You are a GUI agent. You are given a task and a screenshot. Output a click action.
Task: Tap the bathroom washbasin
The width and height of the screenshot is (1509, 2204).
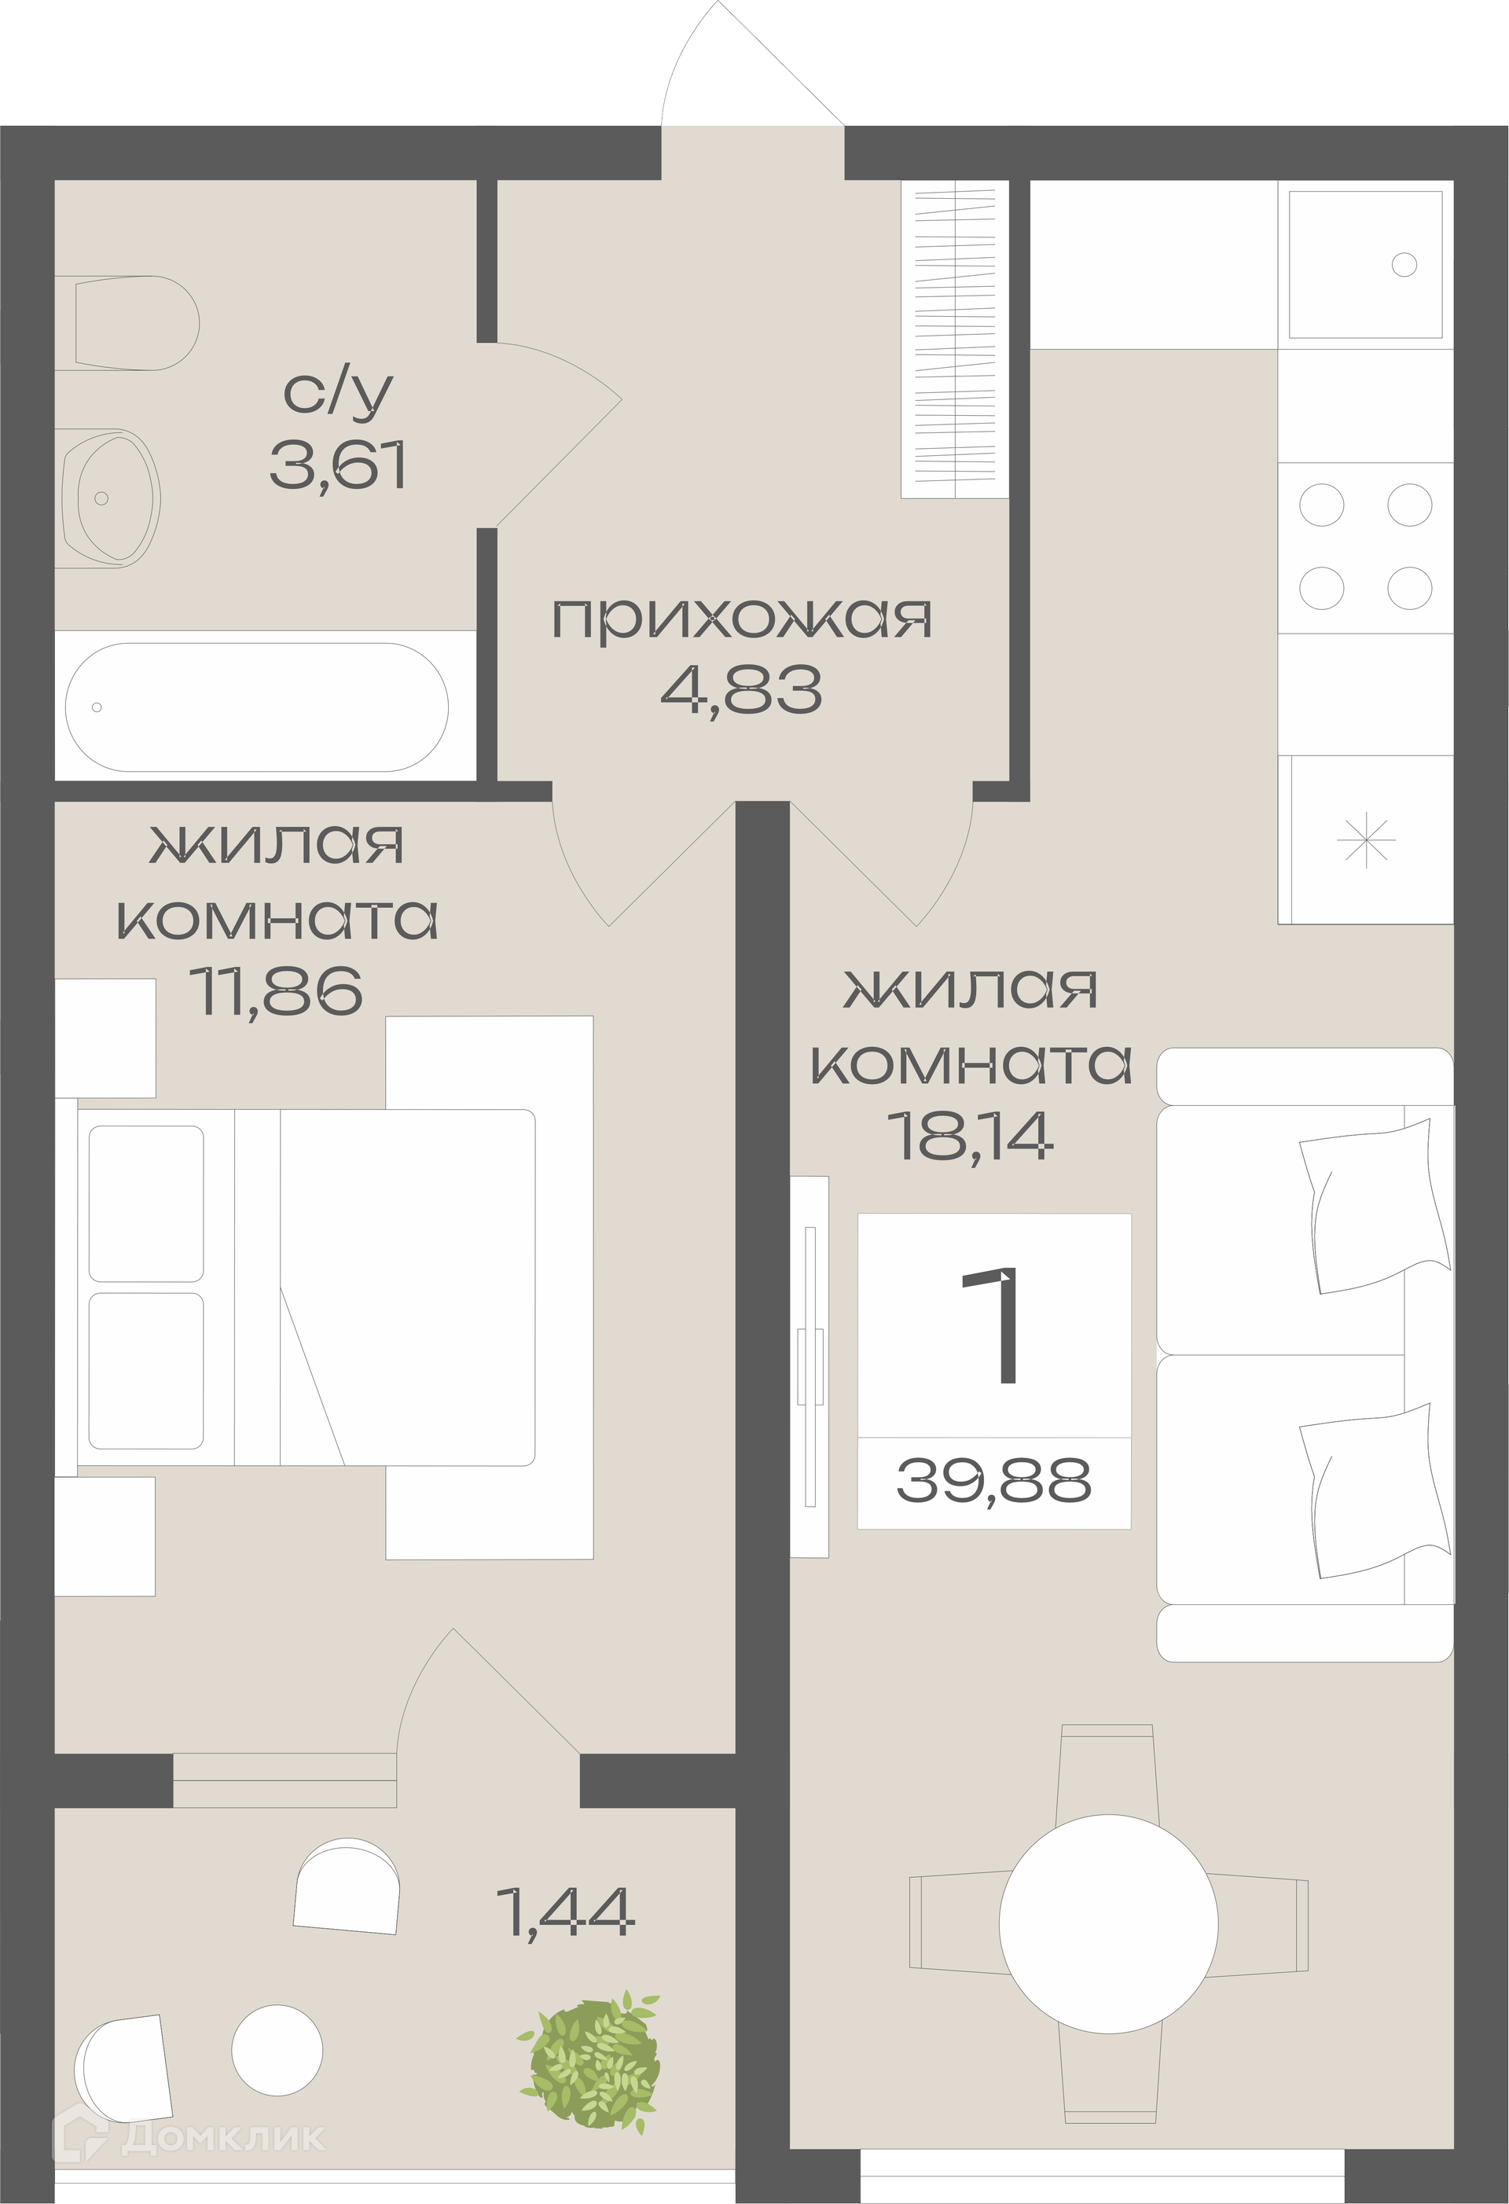point(107,498)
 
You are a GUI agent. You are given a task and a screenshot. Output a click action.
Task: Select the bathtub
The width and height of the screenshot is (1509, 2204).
point(257,707)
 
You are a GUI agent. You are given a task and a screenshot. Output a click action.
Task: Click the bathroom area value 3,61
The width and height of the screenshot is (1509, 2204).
point(339,465)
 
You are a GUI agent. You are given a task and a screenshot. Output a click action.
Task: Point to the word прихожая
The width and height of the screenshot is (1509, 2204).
point(743,619)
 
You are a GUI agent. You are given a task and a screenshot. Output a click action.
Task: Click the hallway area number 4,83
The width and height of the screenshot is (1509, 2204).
point(742,689)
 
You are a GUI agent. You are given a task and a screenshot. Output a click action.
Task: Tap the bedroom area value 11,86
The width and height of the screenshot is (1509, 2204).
point(276,990)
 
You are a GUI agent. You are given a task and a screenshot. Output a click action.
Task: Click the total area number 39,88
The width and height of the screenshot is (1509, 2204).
point(993,1480)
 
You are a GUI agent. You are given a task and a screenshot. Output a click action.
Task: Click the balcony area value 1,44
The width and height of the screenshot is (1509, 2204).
point(565,1911)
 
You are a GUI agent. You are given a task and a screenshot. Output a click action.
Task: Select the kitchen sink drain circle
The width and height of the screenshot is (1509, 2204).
point(1404,265)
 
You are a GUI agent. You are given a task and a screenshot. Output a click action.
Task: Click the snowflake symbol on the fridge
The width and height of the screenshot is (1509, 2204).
point(1366,840)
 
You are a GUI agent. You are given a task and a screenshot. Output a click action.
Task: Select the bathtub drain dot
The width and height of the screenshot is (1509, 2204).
point(96,707)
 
